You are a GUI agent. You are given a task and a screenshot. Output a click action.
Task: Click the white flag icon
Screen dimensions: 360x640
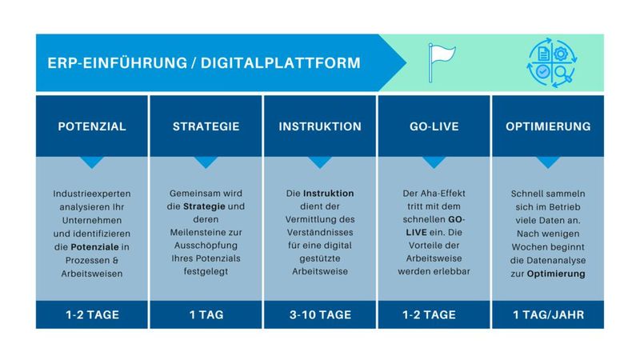coord(439,62)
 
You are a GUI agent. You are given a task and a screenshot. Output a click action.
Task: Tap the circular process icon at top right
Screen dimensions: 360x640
coord(550,62)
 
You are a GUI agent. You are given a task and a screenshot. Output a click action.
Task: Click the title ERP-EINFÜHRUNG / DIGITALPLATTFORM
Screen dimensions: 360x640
coord(204,62)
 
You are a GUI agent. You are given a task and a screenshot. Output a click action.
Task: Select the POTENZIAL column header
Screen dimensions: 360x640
coord(92,126)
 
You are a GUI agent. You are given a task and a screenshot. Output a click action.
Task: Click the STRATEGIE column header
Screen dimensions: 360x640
coord(206,126)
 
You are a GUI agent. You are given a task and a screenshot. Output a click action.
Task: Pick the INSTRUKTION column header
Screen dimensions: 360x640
coord(320,126)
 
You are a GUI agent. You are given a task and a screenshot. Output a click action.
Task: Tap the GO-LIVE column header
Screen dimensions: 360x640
coord(434,126)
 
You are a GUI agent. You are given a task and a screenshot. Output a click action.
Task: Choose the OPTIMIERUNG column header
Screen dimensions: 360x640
coord(548,126)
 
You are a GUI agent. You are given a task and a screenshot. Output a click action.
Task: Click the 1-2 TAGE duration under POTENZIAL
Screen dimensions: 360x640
coord(92,314)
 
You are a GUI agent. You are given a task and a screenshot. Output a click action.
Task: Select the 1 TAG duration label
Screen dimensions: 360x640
coord(206,314)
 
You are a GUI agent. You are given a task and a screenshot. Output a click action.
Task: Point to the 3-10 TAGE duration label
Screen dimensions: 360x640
coord(320,314)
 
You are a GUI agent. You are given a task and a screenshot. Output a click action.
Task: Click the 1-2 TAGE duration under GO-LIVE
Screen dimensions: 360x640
coord(434,314)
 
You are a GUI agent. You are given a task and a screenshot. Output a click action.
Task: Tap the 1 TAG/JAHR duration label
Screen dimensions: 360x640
coord(548,314)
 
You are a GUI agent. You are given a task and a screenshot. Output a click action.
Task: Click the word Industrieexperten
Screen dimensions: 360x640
coord(92,194)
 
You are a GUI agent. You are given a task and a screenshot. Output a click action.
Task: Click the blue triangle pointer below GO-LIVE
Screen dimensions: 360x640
coord(434,162)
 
